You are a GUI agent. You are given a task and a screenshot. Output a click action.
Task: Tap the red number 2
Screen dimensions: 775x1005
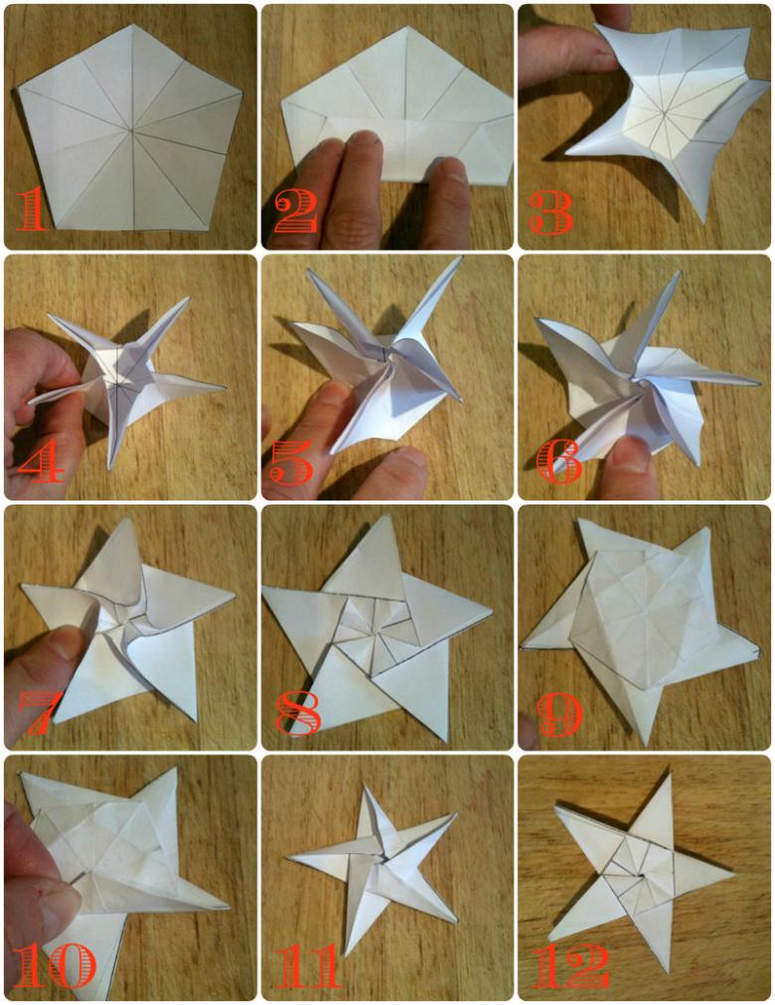[295, 213]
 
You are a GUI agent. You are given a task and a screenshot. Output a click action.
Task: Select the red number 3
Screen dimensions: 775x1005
[551, 213]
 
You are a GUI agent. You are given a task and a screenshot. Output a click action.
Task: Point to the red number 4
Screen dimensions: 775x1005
[42, 462]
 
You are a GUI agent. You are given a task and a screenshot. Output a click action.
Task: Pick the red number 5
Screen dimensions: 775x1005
[291, 462]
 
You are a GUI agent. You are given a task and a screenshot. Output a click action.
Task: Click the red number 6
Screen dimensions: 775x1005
[559, 462]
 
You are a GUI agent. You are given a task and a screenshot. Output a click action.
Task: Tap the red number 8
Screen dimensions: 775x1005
[299, 713]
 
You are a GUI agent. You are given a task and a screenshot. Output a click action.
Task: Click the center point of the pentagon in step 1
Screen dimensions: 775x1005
[132, 131]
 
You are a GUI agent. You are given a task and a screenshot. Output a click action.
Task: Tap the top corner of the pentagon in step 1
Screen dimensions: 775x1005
[133, 25]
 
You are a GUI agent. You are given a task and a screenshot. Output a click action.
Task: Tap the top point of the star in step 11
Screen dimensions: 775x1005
[367, 785]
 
